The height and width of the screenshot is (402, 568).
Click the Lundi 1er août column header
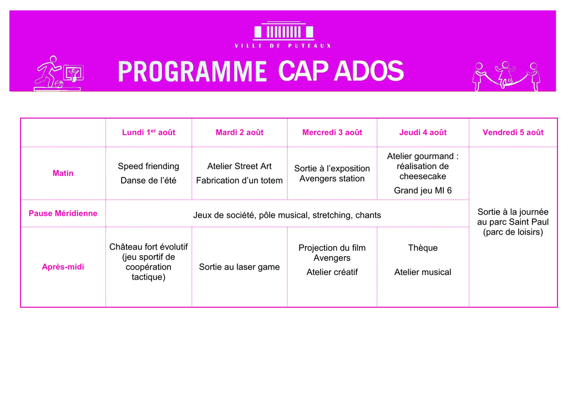point(149,132)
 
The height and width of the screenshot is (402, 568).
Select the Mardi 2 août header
point(240,132)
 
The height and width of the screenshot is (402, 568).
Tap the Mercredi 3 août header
point(332,132)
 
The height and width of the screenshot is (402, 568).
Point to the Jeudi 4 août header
point(423,132)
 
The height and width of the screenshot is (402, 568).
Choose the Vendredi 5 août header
point(513,132)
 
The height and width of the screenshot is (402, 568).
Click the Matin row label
point(63,173)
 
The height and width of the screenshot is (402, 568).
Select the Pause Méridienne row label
point(63,213)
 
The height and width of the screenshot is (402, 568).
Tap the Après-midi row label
point(63,267)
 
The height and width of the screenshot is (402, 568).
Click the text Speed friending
point(149,166)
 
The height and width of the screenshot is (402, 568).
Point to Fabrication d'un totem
point(240,180)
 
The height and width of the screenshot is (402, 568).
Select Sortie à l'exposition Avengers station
point(332,174)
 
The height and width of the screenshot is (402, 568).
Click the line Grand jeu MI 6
point(423,191)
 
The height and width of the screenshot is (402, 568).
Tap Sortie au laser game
point(240,267)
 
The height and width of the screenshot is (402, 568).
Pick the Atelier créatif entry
point(332,272)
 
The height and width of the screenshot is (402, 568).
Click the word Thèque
point(423,248)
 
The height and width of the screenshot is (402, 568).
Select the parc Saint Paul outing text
point(513,222)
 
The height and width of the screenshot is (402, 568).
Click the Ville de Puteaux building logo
point(283,31)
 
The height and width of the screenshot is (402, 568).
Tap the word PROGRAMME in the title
point(192,72)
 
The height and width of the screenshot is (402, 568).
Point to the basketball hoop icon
point(74,74)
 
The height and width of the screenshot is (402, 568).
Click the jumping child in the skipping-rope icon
point(505,74)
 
